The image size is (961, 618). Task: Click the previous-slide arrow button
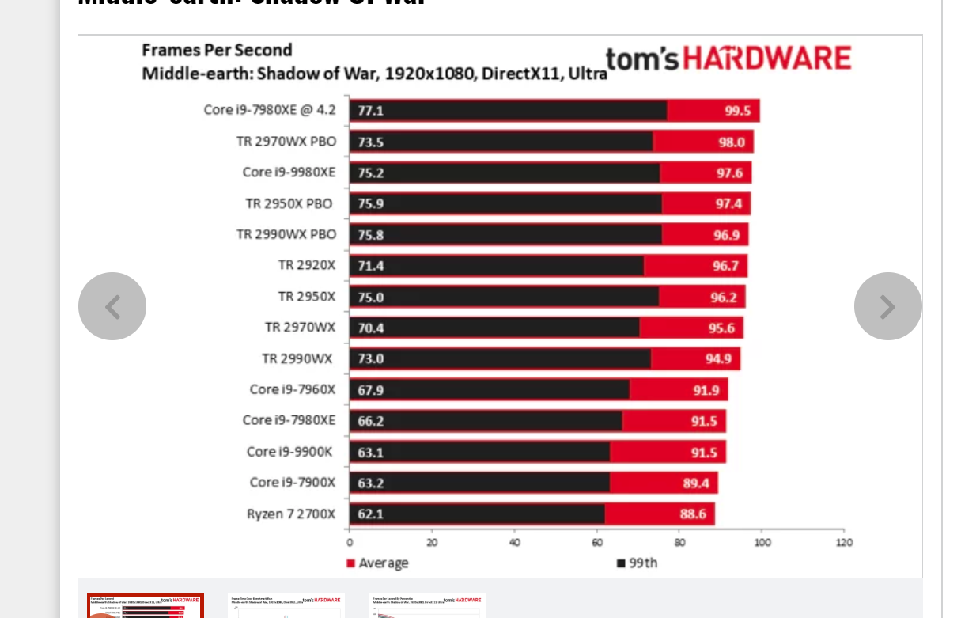pos(112,306)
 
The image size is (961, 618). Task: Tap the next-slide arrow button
pos(887,306)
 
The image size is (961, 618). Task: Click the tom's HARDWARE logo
pos(728,59)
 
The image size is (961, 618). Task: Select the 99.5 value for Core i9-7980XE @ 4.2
pos(737,111)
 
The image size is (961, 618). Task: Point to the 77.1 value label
pos(370,111)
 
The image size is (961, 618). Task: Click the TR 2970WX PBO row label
pos(286,142)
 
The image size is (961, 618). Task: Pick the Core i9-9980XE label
pos(289,173)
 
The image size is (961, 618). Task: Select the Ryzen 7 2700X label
pos(290,514)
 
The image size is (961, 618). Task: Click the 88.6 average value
pos(693,514)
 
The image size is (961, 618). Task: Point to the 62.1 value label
pos(370,514)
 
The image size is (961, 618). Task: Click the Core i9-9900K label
pos(289,452)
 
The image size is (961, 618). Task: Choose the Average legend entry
pos(377,563)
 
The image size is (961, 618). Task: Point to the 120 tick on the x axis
pos(844,543)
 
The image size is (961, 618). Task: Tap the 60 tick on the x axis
pos(597,543)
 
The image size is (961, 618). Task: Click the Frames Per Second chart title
pos(217,51)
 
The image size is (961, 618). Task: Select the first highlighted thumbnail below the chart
pos(146,605)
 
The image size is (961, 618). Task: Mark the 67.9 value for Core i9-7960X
pos(370,390)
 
